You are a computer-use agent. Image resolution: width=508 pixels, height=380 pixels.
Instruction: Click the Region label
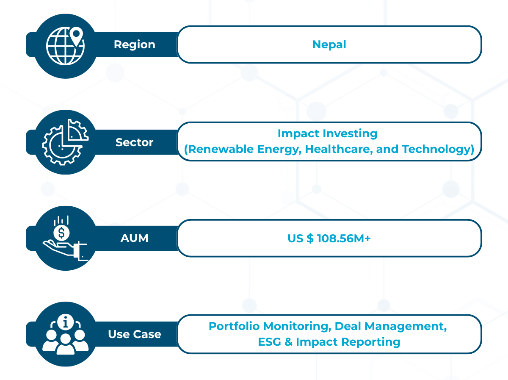pyautogui.click(x=135, y=44)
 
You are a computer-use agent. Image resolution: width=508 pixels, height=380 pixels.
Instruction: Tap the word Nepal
pyautogui.click(x=329, y=44)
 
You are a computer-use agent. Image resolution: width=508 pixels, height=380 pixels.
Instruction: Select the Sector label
pyautogui.click(x=135, y=142)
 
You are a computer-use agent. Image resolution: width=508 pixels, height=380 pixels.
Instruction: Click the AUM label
pyautogui.click(x=135, y=238)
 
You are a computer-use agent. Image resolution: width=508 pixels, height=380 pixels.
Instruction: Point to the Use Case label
pyautogui.click(x=135, y=334)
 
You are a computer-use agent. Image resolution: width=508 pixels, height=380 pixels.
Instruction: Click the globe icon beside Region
pyautogui.click(x=65, y=46)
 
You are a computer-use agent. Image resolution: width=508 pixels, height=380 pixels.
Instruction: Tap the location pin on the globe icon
pyautogui.click(x=76, y=36)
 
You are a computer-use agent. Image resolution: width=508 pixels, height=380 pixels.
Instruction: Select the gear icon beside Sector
pyautogui.click(x=63, y=145)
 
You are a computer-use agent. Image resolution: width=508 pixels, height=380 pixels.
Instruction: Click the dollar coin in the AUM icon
pyautogui.click(x=61, y=233)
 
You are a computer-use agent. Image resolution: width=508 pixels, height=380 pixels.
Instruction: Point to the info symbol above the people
pyautogui.click(x=66, y=322)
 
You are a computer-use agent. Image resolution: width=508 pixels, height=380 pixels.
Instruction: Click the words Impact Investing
pyautogui.click(x=328, y=133)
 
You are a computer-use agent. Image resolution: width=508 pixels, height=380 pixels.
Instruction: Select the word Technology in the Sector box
pyautogui.click(x=436, y=150)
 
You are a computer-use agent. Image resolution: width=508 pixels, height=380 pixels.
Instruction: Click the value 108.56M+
pyautogui.click(x=344, y=238)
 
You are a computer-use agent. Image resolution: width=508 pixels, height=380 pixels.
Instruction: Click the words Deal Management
pyautogui.click(x=391, y=327)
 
